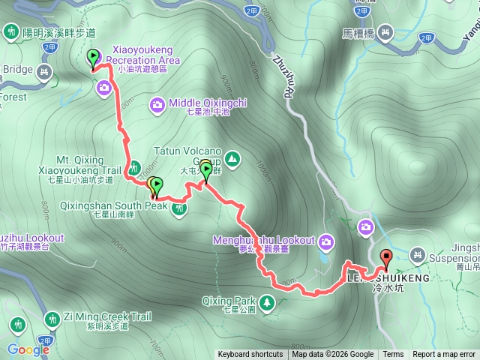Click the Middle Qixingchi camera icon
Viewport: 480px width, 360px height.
pos(157,103)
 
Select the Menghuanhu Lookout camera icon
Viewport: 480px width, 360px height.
pos(326,241)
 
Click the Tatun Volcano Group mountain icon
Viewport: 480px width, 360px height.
pos(232,159)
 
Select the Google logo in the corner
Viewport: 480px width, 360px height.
pos(28,349)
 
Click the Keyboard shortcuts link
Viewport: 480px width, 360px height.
pos(250,355)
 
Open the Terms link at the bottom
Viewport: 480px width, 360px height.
pos(393,355)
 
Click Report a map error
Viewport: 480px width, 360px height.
pos(445,355)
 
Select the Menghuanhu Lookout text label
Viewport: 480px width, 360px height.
pos(263,241)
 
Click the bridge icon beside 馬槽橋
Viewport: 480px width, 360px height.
pos(385,33)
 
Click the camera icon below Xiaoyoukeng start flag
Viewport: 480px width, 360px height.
pos(104,88)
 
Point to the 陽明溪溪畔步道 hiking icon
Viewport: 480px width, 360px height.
pos(12,33)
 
